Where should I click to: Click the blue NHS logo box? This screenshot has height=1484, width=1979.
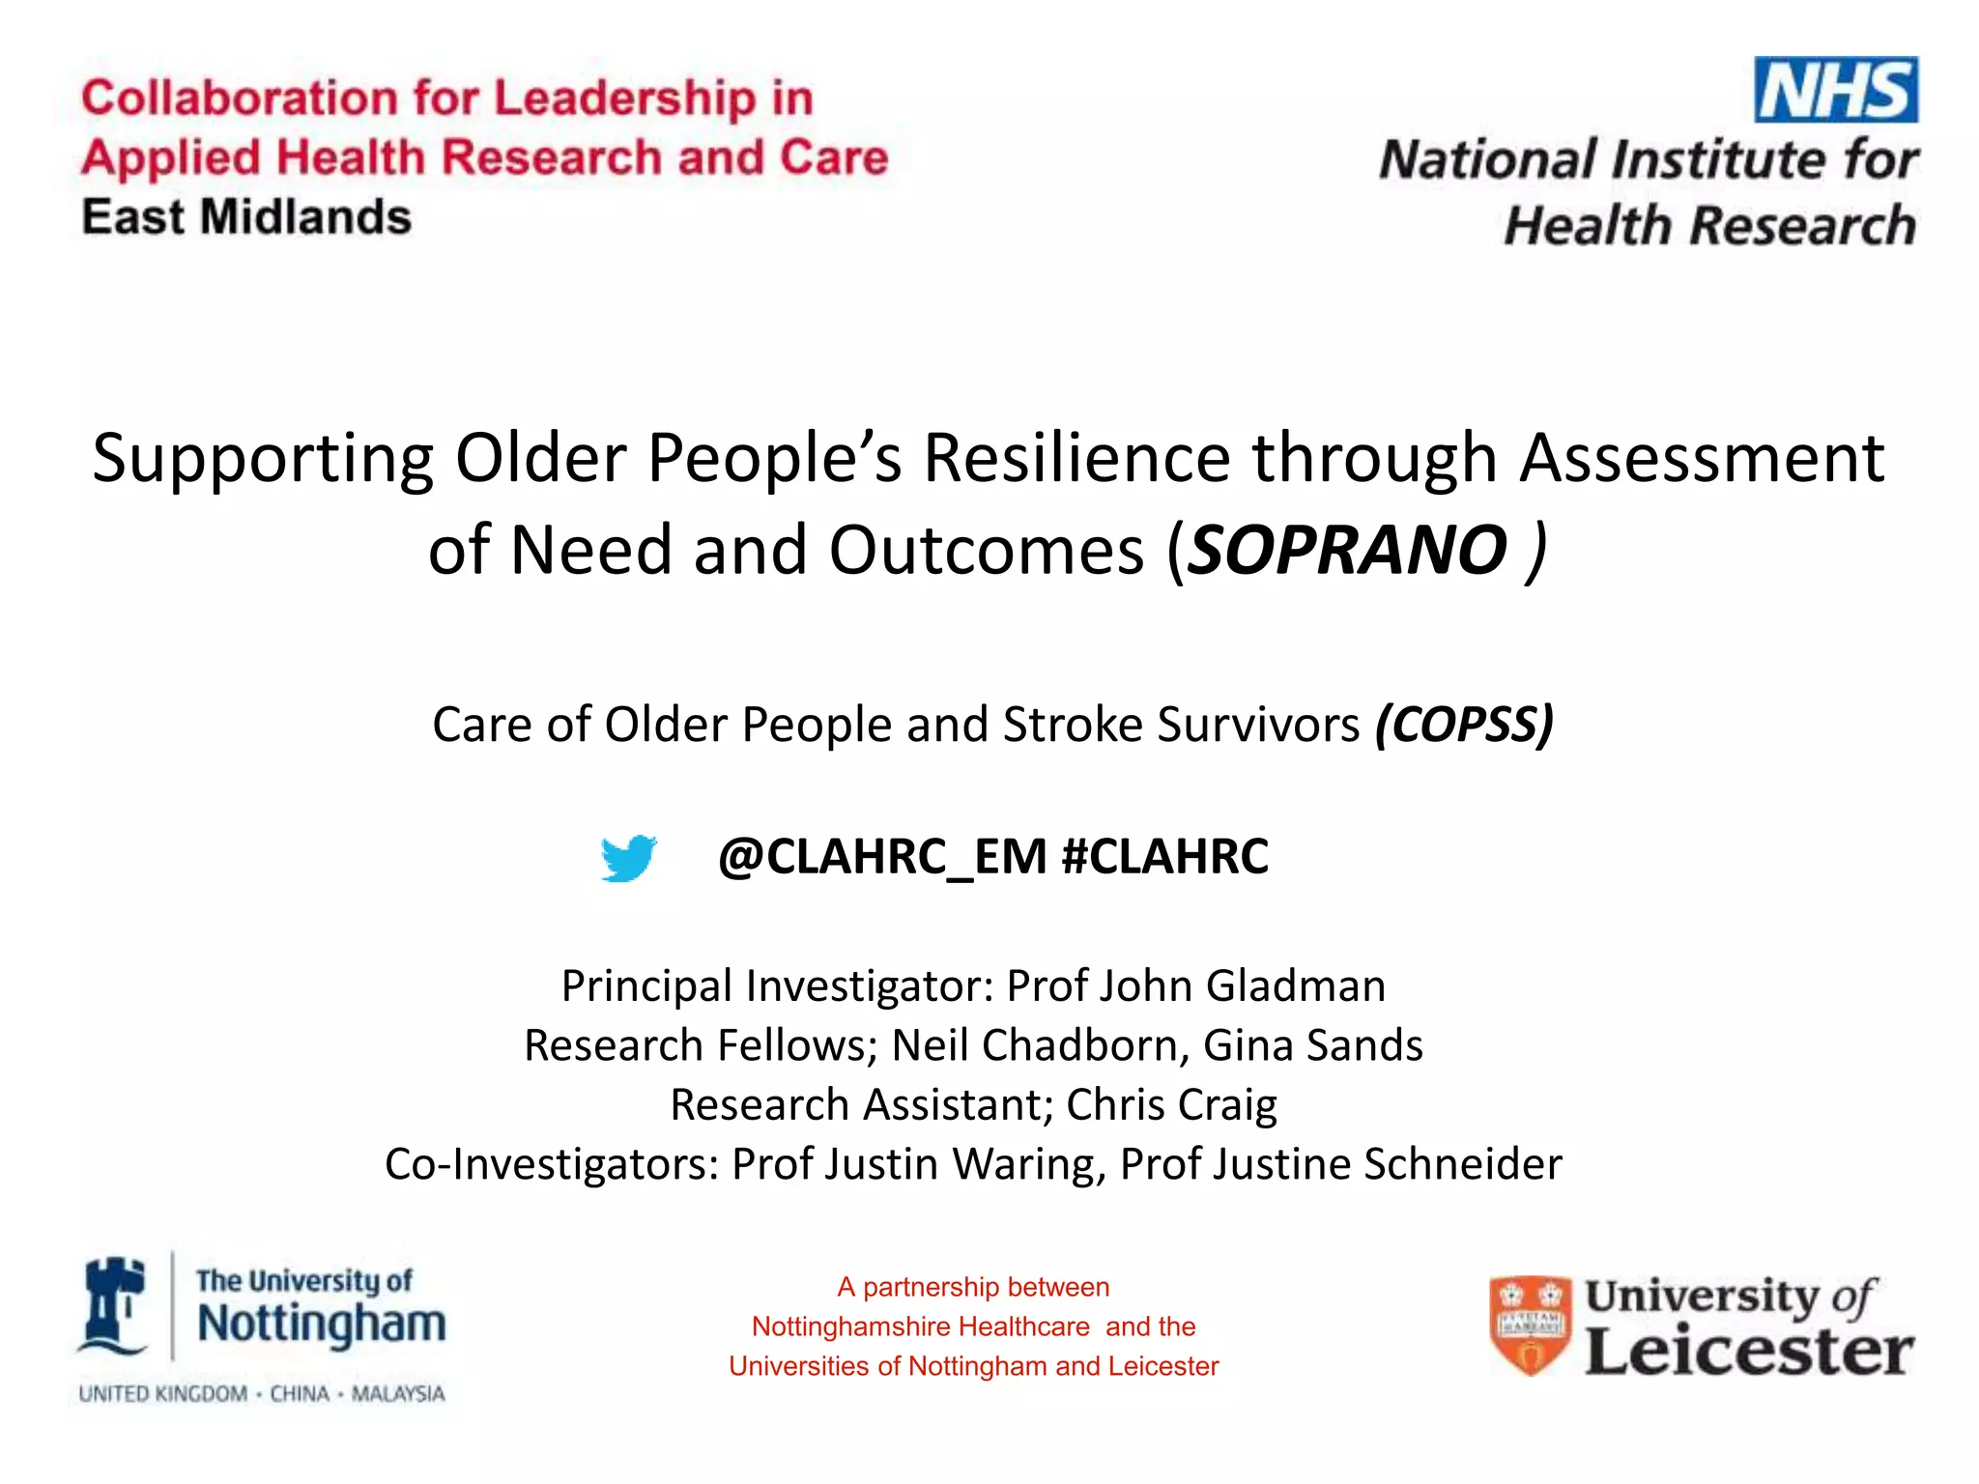click(x=1835, y=90)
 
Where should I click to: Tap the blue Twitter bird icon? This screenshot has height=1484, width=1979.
click(x=628, y=858)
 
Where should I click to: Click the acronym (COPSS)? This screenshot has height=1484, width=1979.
click(x=1464, y=725)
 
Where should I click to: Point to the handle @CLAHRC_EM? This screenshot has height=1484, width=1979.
click(x=882, y=856)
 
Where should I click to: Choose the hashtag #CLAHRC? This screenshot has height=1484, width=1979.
click(x=1164, y=856)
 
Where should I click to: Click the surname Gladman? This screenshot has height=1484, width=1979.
click(x=1296, y=986)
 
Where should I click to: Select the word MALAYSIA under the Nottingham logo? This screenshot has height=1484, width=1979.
click(x=398, y=1394)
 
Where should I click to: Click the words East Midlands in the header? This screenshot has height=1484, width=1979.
click(x=246, y=217)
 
